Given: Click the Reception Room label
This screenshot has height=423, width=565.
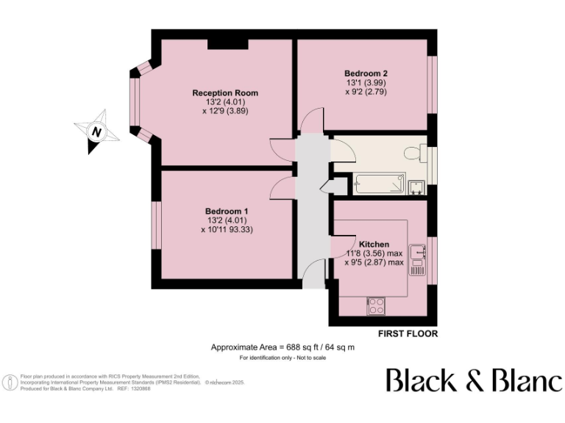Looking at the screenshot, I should tap(225, 93).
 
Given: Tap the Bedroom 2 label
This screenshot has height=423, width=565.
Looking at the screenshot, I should tap(366, 73).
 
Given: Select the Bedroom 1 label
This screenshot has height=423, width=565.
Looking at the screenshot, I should tap(226, 211).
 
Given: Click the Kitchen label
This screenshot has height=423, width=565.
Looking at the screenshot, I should tap(374, 244).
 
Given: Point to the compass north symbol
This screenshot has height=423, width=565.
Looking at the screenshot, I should tap(94, 132).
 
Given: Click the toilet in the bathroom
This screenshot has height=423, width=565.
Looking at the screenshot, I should tap(414, 153).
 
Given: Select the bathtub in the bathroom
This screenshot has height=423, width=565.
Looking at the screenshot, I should tap(379, 184).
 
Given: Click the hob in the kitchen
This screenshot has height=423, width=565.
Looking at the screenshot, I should tap(376, 304).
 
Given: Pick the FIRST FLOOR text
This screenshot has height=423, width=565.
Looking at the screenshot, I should tap(408, 333).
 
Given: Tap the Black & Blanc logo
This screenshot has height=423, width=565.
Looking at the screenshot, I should tap(475, 380).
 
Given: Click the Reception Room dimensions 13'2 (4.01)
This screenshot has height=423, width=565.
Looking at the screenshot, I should tap(225, 102).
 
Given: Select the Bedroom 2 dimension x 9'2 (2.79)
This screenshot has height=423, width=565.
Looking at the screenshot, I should tap(366, 92).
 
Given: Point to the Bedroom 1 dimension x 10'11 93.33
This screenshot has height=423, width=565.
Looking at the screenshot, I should tap(227, 229).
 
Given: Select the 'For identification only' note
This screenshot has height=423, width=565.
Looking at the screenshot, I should tap(282, 358).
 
